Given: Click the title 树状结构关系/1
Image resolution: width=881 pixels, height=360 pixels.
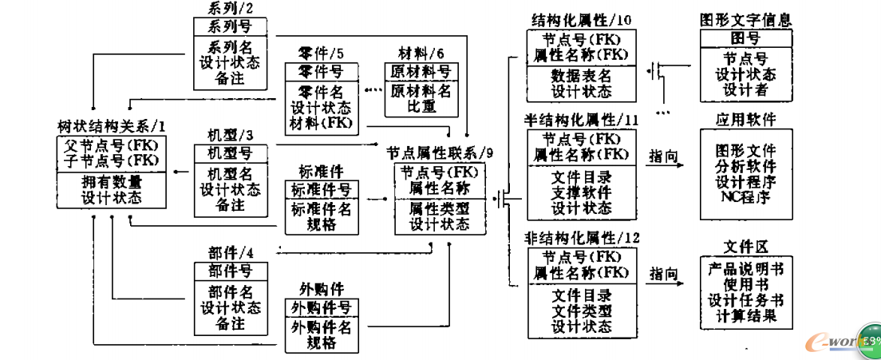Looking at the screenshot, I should (111, 126).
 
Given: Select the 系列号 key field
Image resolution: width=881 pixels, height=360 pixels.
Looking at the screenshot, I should (229, 27).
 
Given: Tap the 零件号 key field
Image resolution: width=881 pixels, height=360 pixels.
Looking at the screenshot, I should (319, 73).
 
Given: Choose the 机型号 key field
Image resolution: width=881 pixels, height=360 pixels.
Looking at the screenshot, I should (229, 153).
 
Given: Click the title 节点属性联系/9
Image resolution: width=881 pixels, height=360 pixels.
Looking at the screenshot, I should (440, 152).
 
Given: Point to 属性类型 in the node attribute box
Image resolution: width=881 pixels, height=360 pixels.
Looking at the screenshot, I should (440, 208).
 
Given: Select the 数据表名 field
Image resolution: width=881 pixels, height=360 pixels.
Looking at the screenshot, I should (582, 76).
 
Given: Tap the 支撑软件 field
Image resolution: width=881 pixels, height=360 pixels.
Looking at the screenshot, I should (582, 192).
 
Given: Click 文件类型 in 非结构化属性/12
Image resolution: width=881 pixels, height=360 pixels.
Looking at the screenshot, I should (582, 311).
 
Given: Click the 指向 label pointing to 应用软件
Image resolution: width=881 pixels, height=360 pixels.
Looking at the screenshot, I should (665, 156).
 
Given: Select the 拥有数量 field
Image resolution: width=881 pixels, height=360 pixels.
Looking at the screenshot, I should (111, 181).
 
